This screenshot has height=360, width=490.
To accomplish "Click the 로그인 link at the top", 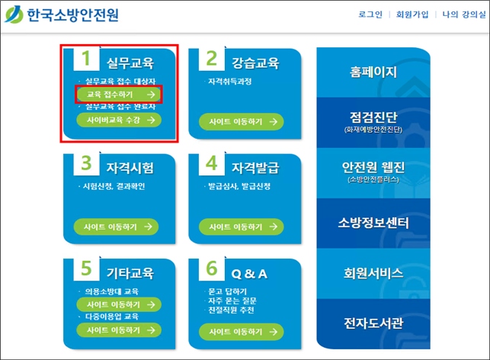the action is pyautogui.click(x=370, y=14).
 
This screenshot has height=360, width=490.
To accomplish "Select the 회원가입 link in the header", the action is pyautogui.click(x=412, y=14).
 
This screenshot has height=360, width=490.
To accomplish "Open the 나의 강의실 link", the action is pyautogui.click(x=464, y=14).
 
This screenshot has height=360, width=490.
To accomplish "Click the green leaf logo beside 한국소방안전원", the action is pyautogui.click(x=14, y=14).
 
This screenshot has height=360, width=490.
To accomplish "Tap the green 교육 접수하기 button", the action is pyautogui.click(x=119, y=94).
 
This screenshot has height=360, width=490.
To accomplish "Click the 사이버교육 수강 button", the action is pyautogui.click(x=119, y=120).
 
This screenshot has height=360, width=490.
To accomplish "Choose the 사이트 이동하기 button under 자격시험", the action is pyautogui.click(x=116, y=227).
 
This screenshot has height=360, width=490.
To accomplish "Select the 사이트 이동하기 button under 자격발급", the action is pyautogui.click(x=242, y=227).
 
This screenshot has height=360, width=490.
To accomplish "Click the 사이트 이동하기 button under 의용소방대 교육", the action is pyautogui.click(x=119, y=304).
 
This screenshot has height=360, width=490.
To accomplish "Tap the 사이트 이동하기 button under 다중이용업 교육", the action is pyautogui.click(x=119, y=330).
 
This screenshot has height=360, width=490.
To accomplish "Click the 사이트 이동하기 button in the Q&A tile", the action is pyautogui.click(x=242, y=332).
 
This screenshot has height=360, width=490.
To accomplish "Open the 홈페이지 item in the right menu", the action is pyautogui.click(x=373, y=72).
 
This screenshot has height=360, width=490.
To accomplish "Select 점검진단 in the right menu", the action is pyautogui.click(x=373, y=122).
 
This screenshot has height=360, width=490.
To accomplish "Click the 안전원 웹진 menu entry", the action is pyautogui.click(x=373, y=172).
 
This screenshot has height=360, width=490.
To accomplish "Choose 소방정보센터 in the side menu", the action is pyautogui.click(x=373, y=223).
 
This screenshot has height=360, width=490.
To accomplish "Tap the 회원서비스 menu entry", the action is pyautogui.click(x=373, y=273).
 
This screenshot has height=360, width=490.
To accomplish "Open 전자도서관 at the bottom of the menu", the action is pyautogui.click(x=373, y=323).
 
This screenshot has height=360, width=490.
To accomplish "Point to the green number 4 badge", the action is pyautogui.click(x=212, y=163).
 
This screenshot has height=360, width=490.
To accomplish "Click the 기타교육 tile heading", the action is pyautogui.click(x=130, y=273).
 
